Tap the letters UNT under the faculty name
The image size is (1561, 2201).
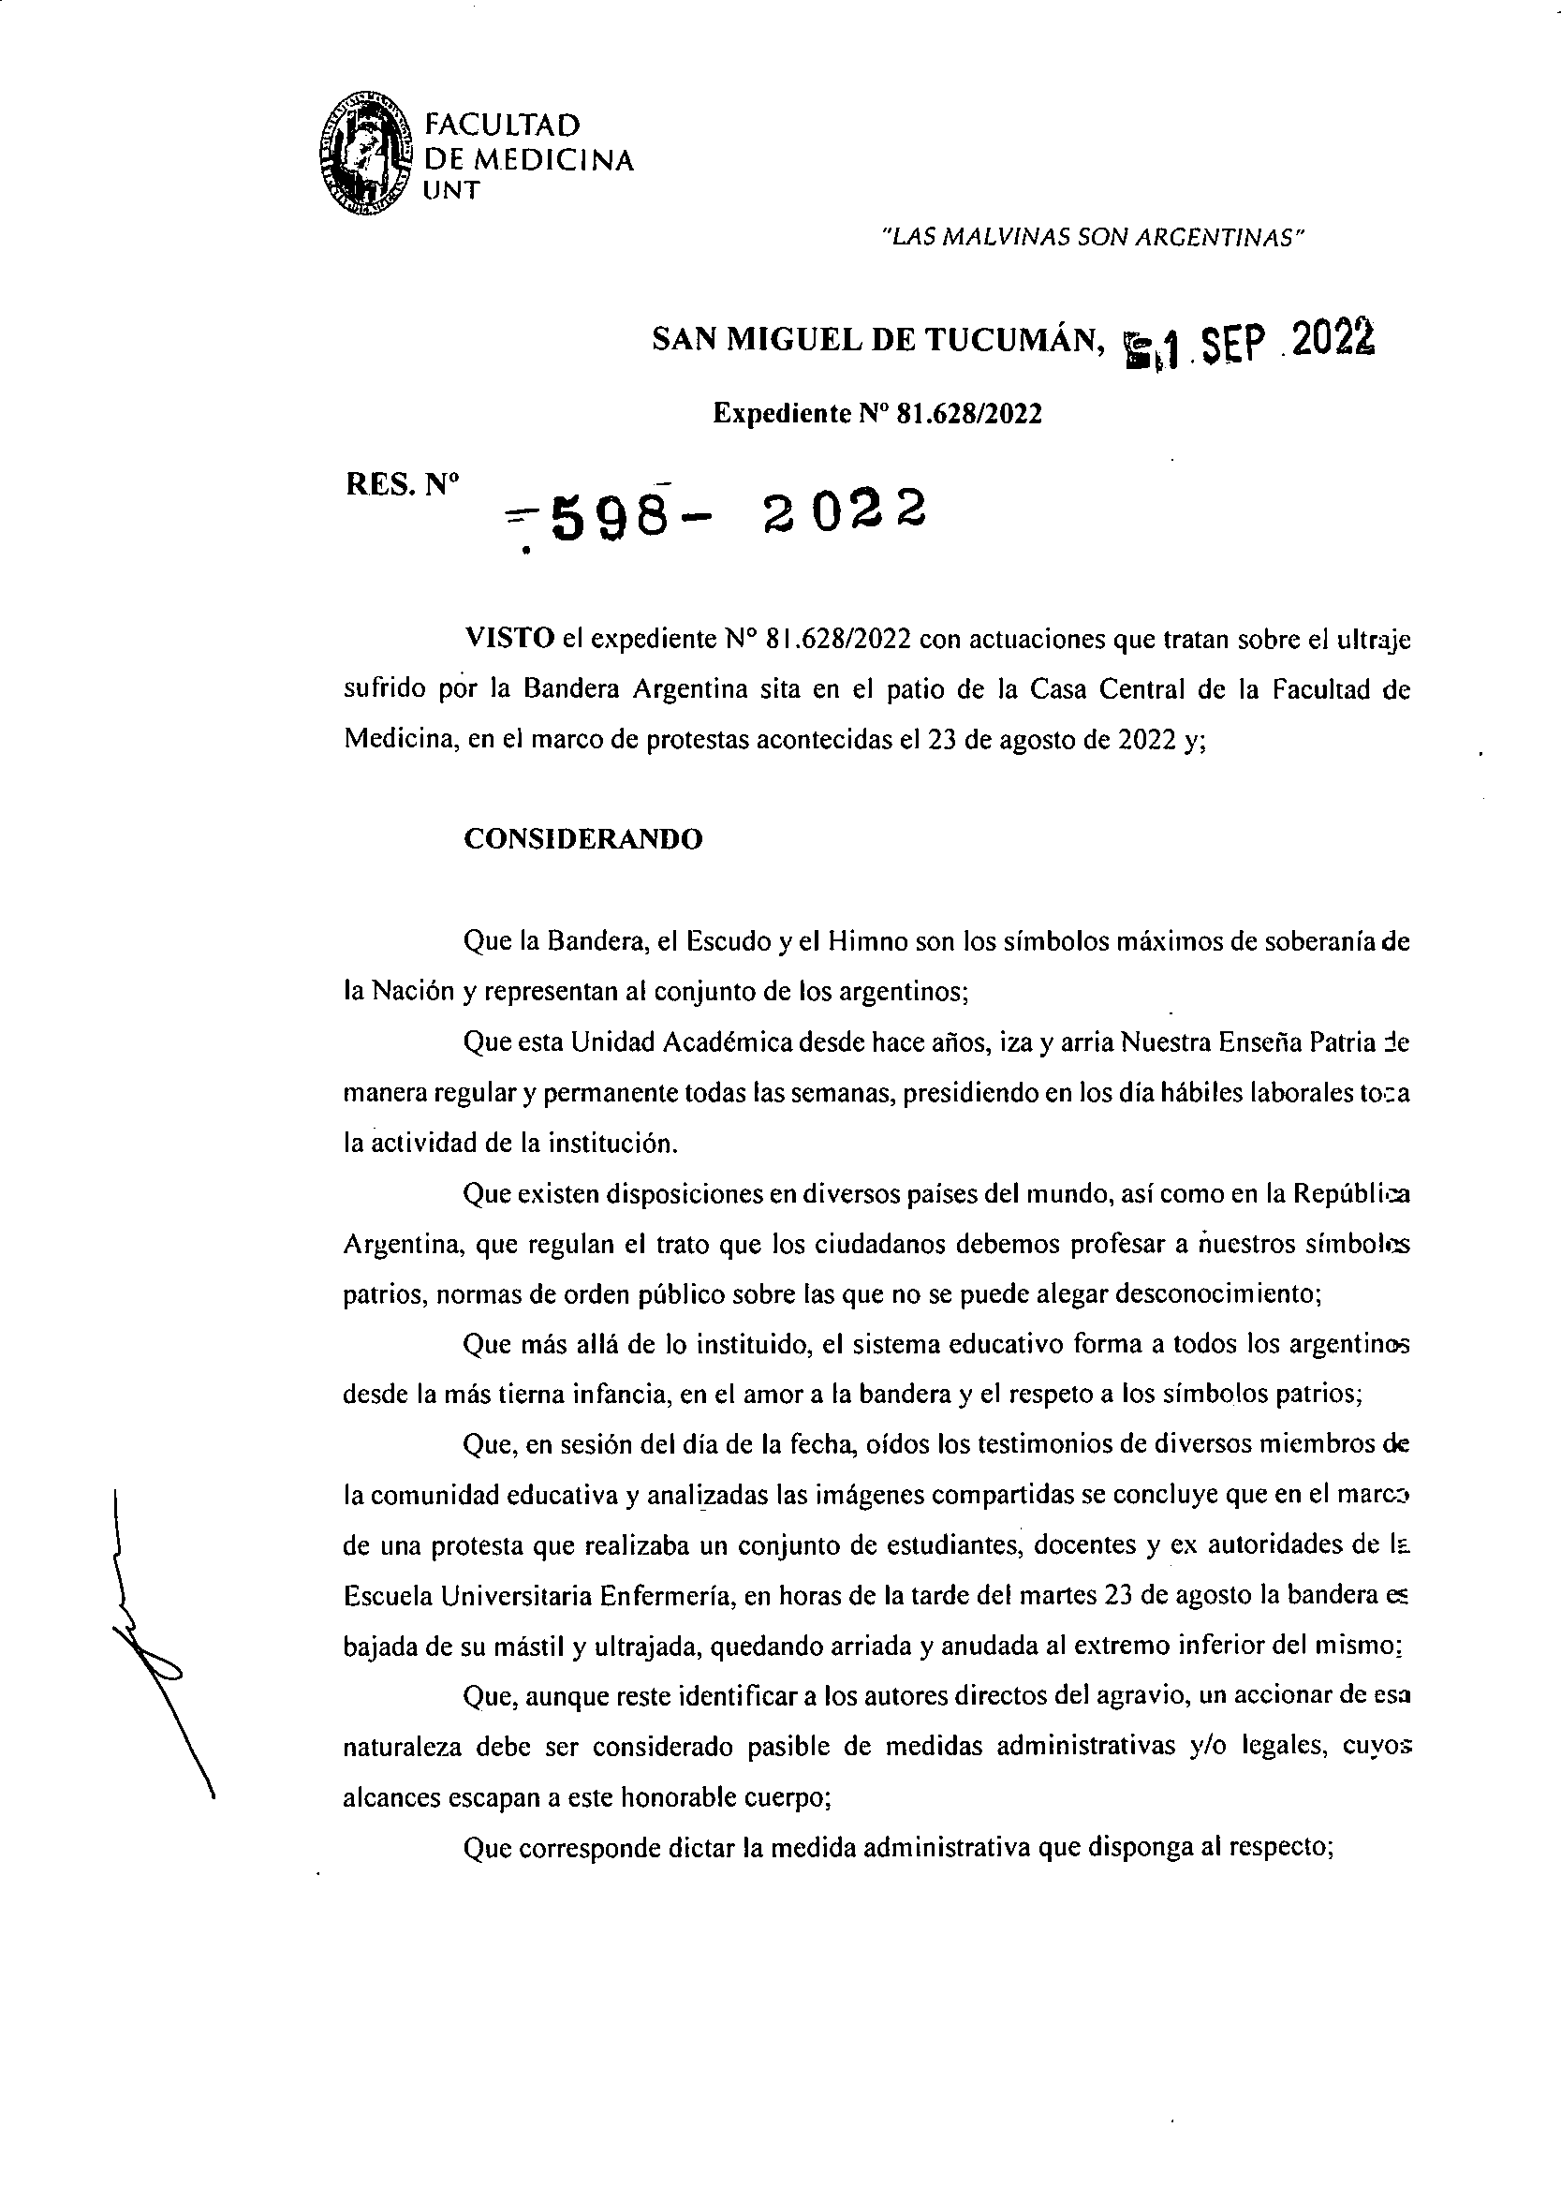tap(450, 190)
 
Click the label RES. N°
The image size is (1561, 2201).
tap(402, 484)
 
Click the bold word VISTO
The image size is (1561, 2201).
tap(508, 639)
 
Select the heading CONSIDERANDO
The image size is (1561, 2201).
tap(582, 839)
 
